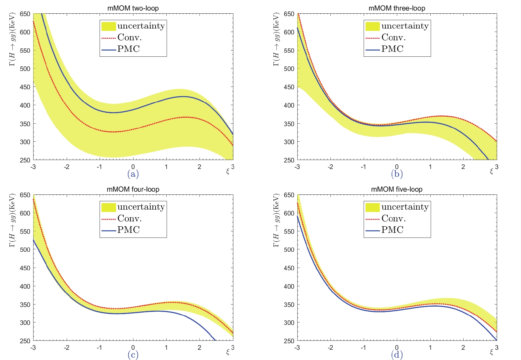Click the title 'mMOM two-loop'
(133, 8)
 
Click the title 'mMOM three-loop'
(397, 8)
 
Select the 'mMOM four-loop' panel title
(133, 189)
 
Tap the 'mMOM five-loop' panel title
(397, 189)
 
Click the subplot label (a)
(133, 174)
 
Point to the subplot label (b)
(397, 174)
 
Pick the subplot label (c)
(133, 355)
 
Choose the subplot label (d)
(397, 355)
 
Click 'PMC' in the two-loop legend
(128, 49)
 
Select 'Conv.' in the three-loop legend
(393, 38)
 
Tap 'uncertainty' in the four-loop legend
(141, 207)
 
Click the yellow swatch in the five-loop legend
(372, 207)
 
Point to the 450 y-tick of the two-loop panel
(25, 87)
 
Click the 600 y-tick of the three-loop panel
(289, 32)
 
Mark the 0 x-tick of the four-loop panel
(133, 348)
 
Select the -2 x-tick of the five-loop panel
(330, 348)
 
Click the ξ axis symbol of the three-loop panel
(491, 171)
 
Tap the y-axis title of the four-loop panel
(13, 220)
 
